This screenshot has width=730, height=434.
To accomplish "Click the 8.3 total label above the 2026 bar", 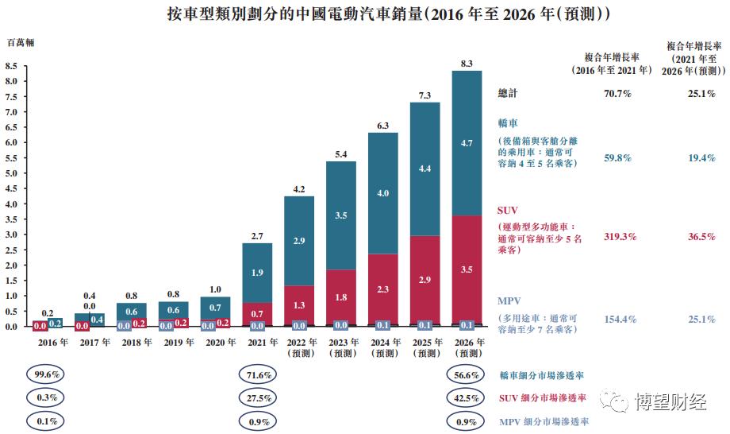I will click(x=467, y=64).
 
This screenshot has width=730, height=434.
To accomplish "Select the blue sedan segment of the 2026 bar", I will click(x=467, y=143).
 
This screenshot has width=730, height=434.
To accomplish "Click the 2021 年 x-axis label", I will click(x=257, y=343).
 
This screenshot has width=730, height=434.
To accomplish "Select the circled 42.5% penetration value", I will click(x=467, y=397).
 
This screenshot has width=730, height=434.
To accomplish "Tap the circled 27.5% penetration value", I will click(x=257, y=397).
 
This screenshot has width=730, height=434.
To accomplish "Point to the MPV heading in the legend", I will click(x=509, y=304).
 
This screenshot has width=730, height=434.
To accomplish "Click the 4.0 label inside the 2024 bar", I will click(x=383, y=193).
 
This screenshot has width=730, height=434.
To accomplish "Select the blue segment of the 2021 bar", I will click(x=257, y=273).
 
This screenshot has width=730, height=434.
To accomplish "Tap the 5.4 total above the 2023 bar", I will click(x=341, y=154).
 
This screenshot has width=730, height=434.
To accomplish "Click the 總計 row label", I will click(x=508, y=94).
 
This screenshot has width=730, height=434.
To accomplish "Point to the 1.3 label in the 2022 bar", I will click(x=299, y=305).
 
